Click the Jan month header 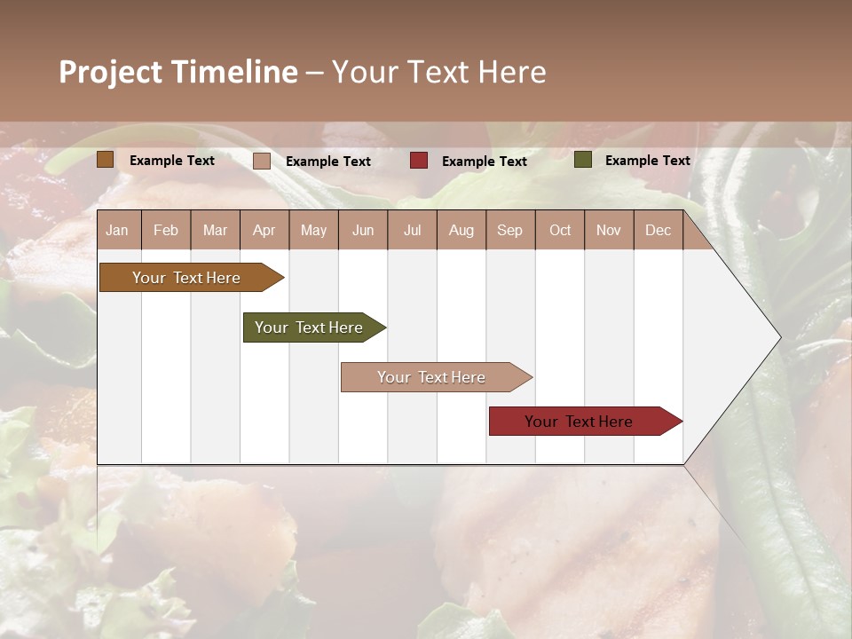117,230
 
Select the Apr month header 264,230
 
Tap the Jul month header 412,230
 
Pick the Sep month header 509,230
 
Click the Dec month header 658,230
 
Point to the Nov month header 608,230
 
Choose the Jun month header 362,230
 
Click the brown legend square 105,160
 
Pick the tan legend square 262,161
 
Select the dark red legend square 419,161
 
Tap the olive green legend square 583,160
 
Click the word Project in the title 108,72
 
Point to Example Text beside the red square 484,162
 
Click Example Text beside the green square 647,161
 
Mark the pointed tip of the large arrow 779,337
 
